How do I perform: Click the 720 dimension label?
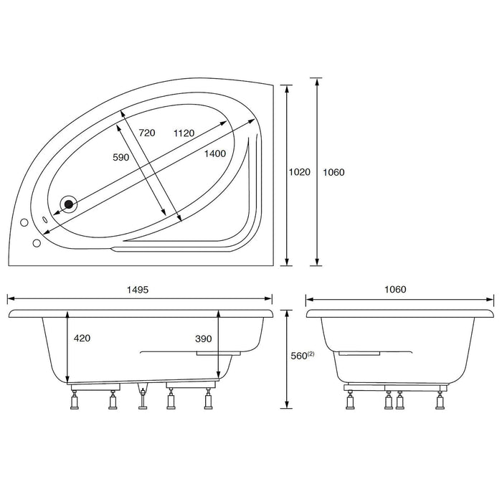[146, 133]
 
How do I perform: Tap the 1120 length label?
[185, 133]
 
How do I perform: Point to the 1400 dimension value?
[214, 153]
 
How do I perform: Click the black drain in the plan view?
[70, 204]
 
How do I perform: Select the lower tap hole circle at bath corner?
[36, 241]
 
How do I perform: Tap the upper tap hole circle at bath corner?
[25, 222]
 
